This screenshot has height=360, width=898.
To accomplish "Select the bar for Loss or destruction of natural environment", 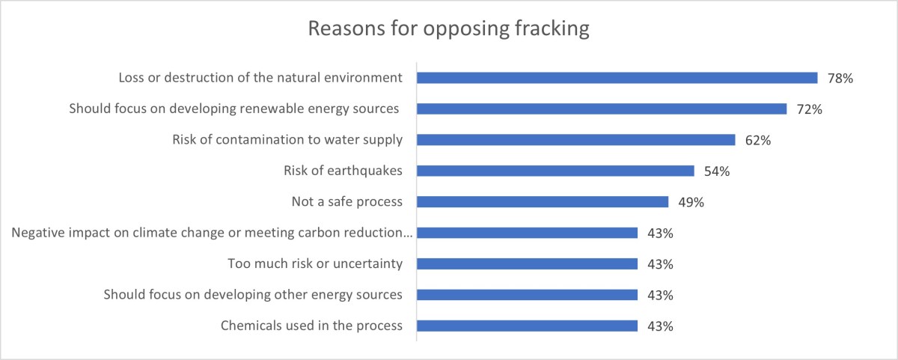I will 616,78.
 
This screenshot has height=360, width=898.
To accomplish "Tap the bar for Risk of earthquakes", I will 555,171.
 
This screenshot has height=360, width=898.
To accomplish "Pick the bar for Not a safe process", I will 542,201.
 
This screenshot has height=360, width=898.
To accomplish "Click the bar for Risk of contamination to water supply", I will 576,140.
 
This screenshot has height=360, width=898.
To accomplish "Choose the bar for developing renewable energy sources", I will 601,109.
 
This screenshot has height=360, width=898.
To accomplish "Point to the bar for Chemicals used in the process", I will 526,326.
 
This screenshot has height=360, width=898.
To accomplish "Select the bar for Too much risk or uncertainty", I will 526,263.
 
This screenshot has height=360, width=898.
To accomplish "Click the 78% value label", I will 840,78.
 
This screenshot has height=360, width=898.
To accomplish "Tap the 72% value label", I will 810,109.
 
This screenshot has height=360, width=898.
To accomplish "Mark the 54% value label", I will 717,171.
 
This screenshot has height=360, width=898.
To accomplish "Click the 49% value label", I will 691,202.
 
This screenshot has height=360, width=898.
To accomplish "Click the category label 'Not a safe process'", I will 346,201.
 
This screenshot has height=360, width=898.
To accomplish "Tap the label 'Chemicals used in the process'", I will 311,326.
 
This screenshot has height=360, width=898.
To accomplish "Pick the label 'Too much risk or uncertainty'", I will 314,263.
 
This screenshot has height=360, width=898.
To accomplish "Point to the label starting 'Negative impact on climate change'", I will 213,233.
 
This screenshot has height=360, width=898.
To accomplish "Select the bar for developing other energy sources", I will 526,295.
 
